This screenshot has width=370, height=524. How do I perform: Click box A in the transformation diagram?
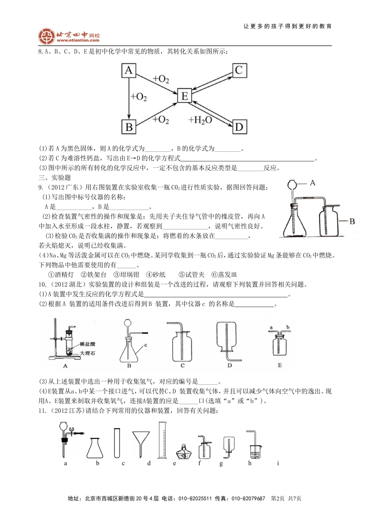tap(129, 70)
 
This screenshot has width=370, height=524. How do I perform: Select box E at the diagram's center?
tap(184, 96)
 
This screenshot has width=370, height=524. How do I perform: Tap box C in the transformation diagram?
tap(239, 70)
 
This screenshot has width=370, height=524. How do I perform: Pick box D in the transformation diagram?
tap(239, 127)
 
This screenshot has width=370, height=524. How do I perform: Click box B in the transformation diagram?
tap(129, 127)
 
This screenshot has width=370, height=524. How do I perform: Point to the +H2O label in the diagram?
tap(200, 120)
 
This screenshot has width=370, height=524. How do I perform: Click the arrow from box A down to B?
tap(128, 99)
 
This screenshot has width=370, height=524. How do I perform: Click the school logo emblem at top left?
tap(47, 36)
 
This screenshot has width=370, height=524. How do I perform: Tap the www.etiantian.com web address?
tap(78, 40)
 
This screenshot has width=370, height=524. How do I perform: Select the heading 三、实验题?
tap(55, 177)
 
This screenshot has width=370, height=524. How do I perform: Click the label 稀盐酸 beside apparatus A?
tap(88, 344)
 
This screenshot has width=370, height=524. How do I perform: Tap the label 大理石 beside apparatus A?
tap(88, 353)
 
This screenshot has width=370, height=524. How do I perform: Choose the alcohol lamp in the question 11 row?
tap(183, 452)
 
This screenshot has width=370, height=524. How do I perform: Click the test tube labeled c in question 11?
tap(117, 443)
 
